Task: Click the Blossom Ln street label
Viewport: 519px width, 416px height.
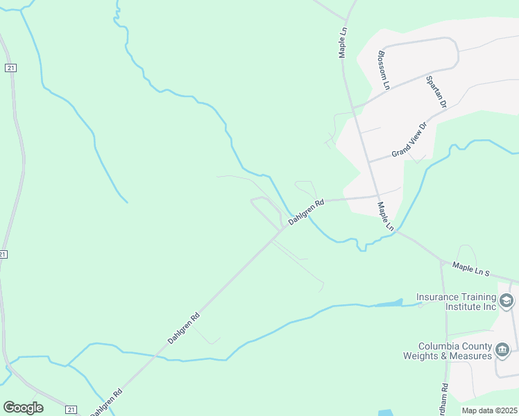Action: point(384,70)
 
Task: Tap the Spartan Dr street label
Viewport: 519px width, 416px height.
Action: point(436,92)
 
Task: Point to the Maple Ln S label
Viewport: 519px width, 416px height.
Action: point(471,268)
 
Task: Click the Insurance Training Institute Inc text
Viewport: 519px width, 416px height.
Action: point(457,301)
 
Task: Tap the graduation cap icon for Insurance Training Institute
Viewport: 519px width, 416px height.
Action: point(507,301)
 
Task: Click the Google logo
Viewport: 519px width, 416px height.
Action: point(23,407)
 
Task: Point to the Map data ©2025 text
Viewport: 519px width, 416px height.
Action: point(489,410)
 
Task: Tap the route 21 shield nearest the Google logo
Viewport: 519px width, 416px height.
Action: point(71,410)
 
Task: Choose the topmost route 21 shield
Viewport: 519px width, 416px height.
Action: point(10,67)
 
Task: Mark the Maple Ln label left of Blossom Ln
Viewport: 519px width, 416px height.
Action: point(343,43)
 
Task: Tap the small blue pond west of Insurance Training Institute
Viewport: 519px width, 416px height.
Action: point(388,303)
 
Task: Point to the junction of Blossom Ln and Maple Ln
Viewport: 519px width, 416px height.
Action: point(353,107)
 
